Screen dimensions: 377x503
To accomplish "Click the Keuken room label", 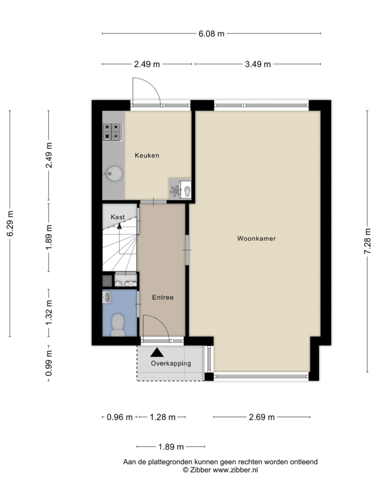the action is click(x=147, y=155).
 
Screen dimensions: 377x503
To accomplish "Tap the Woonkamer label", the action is click(x=256, y=238).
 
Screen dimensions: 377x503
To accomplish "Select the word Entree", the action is click(x=163, y=297).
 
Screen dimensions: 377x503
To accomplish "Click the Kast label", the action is click(x=118, y=217).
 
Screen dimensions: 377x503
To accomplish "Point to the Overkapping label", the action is click(x=171, y=363).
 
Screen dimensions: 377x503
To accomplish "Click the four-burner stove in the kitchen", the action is click(x=112, y=132).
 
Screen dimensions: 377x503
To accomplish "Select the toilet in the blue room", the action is click(x=118, y=325).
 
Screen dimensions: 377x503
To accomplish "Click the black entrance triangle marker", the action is click(x=157, y=352).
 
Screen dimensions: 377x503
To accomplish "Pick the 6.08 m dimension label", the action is click(x=211, y=34).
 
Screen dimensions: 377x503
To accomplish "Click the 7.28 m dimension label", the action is click(x=367, y=241).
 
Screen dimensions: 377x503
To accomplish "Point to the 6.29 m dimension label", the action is click(x=10, y=224).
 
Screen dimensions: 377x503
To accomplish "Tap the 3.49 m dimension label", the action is click(x=258, y=64).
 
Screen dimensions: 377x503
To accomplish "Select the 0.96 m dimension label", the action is click(x=119, y=417).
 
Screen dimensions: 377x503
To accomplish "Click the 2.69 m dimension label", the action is click(x=262, y=417).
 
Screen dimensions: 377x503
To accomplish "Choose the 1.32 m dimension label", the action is click(x=49, y=312).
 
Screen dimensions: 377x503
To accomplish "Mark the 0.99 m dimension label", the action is click(x=49, y=363).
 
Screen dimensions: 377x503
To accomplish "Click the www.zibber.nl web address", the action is click(x=235, y=470).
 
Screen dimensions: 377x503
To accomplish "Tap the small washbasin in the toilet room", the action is click(x=107, y=297).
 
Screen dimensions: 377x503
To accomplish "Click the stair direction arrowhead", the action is click(x=119, y=226).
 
